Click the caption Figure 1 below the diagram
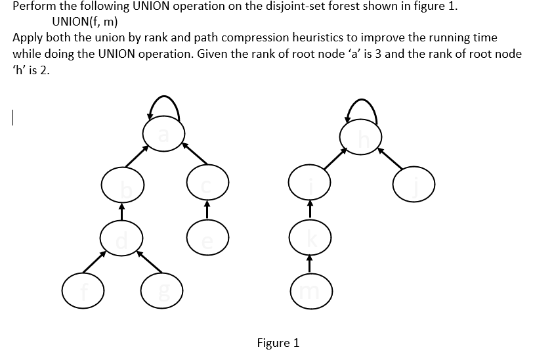pyautogui.click(x=278, y=342)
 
